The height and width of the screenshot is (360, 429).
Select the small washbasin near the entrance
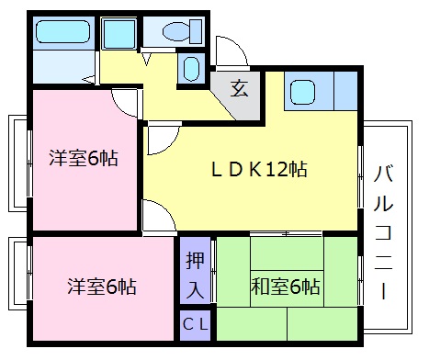(x=191, y=69)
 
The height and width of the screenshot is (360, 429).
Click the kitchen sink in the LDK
(x=304, y=92)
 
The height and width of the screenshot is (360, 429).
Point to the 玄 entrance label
(x=239, y=88)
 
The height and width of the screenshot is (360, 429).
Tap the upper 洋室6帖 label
(x=84, y=157)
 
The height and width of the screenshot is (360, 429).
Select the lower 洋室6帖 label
(x=101, y=287)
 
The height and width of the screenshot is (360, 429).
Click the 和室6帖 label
(x=286, y=287)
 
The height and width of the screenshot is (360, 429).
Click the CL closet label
(x=194, y=324)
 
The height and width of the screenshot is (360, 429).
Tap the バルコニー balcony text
(x=386, y=230)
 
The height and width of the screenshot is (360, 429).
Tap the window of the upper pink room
(x=17, y=171)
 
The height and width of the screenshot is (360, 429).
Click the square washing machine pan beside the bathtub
(x=118, y=34)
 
